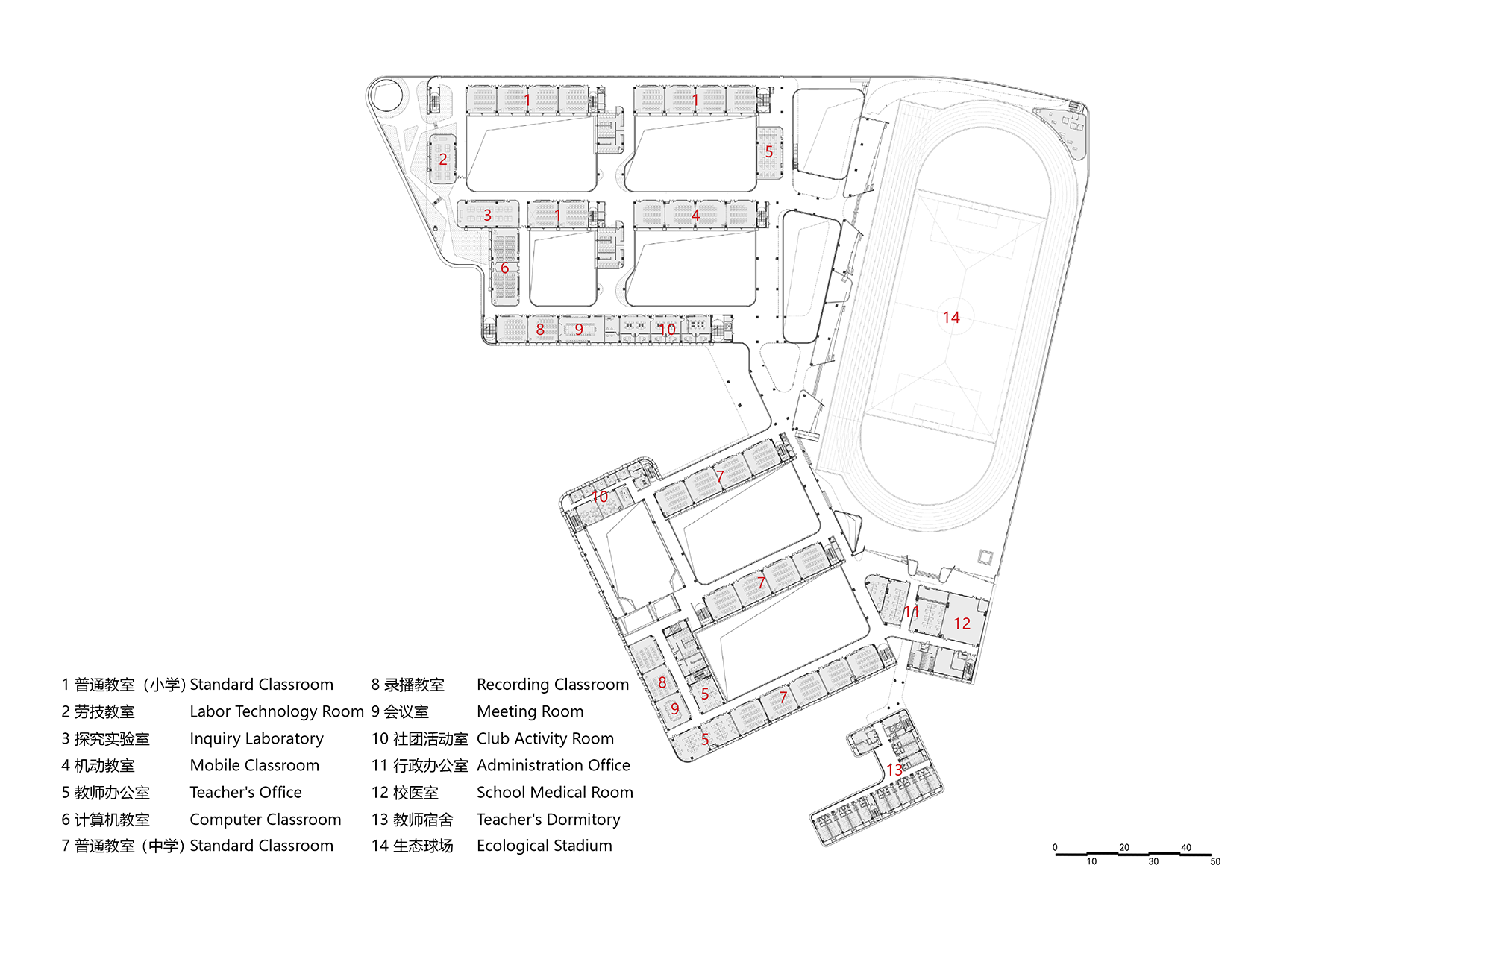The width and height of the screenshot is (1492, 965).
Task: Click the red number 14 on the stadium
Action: tap(951, 318)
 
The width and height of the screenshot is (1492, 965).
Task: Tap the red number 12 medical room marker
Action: tap(962, 623)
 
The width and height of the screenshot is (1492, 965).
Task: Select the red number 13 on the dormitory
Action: tap(894, 770)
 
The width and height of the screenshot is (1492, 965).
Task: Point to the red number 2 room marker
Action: tap(443, 159)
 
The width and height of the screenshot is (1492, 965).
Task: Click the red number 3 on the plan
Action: tap(487, 216)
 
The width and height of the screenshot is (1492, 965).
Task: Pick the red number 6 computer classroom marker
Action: tap(505, 268)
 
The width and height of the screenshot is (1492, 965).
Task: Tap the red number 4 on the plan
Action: tap(695, 216)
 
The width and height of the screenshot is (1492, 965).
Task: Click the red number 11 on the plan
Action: tap(911, 612)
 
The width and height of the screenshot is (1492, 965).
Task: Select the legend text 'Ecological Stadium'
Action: tap(545, 846)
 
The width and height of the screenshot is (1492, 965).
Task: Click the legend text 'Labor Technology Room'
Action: tap(277, 711)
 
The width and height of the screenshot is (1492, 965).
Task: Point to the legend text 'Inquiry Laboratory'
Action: tap(257, 738)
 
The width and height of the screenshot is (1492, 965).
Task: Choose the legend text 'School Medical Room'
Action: tap(555, 792)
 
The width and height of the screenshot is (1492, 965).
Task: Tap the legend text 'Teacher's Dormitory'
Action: tap(548, 819)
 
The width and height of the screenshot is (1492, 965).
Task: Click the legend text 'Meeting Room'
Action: tap(530, 711)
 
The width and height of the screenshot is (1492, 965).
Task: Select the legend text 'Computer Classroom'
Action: tap(266, 819)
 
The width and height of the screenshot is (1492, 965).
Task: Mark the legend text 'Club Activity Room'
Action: tap(545, 738)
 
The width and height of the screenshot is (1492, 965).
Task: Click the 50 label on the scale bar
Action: tap(1215, 862)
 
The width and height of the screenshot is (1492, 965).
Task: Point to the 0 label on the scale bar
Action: tap(1055, 848)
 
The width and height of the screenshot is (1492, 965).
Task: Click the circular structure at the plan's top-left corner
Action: tap(386, 95)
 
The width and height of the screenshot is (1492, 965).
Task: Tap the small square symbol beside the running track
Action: tap(985, 557)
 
